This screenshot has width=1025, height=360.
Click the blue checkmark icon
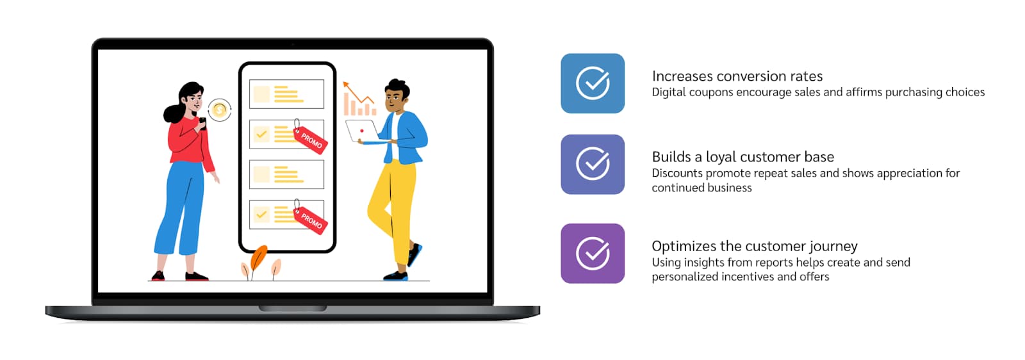593,83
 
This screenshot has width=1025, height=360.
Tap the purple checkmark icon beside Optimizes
593,254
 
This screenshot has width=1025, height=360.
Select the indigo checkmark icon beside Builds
593,164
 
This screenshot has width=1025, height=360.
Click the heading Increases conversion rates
737,76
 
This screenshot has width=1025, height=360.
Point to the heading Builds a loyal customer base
742,157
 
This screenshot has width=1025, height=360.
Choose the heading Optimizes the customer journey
755,246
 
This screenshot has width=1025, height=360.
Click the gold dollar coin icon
220,110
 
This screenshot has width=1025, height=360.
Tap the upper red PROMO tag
310,138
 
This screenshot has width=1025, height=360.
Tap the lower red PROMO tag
310,218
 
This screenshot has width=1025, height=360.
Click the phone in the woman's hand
202,123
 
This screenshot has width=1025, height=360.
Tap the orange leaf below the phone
258,258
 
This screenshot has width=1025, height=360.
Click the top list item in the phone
286,94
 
